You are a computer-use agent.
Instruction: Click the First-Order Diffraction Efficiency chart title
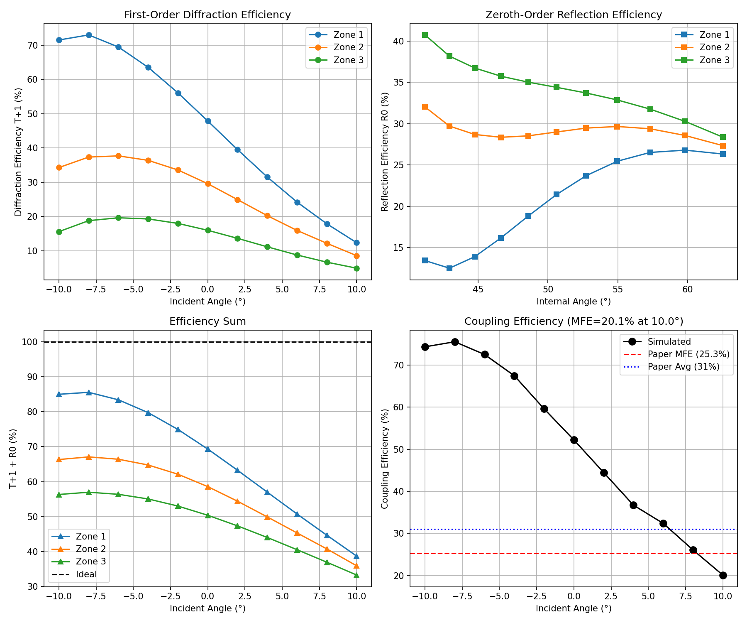(207, 15)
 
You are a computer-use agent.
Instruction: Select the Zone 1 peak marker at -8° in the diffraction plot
(89, 35)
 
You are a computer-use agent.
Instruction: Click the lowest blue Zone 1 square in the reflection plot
(449, 268)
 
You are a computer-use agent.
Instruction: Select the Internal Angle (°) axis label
(574, 302)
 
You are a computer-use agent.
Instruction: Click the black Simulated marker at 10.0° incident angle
(723, 575)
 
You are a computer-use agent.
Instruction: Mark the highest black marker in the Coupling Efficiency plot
(455, 342)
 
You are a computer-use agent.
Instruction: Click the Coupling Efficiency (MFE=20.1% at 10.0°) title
(574, 321)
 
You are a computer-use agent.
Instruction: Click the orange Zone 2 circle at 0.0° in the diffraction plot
(208, 184)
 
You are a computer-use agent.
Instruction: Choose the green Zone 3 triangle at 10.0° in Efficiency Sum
(356, 575)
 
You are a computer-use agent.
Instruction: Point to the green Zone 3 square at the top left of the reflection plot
(425, 35)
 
